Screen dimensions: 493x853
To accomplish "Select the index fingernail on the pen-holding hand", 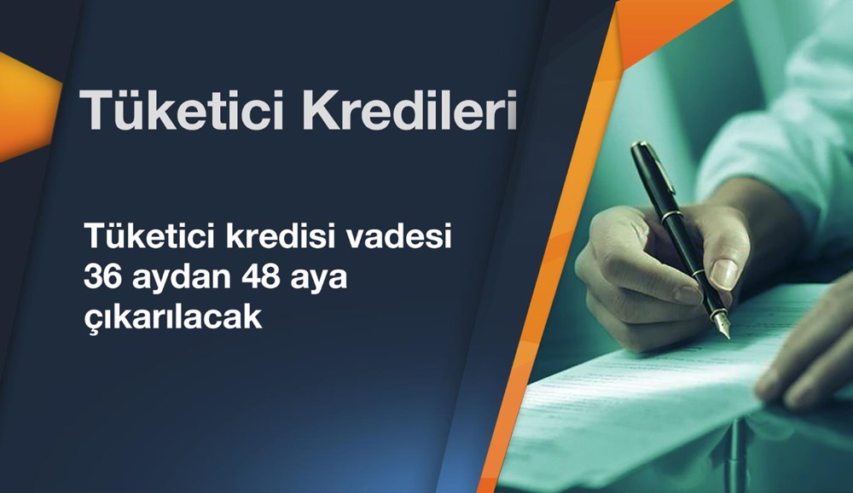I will [x=723, y=273].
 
